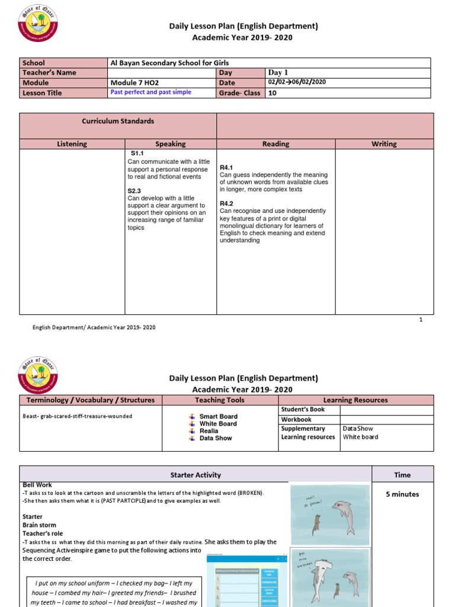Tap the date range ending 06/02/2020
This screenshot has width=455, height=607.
click(297, 83)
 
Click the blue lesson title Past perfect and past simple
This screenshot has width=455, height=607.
click(151, 93)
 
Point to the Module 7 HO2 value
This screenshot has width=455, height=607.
click(132, 83)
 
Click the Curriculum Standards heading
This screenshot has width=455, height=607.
click(117, 122)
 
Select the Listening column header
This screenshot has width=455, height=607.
click(72, 144)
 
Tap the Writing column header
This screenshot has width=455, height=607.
click(384, 144)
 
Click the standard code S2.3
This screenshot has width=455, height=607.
click(134, 191)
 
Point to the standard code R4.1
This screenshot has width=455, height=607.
click(226, 168)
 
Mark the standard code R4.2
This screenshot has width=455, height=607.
click(226, 203)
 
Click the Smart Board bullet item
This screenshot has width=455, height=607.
click(218, 417)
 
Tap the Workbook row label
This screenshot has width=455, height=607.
click(296, 419)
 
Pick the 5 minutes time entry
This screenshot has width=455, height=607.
click(402, 494)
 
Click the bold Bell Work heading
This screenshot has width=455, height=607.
click(35, 485)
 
